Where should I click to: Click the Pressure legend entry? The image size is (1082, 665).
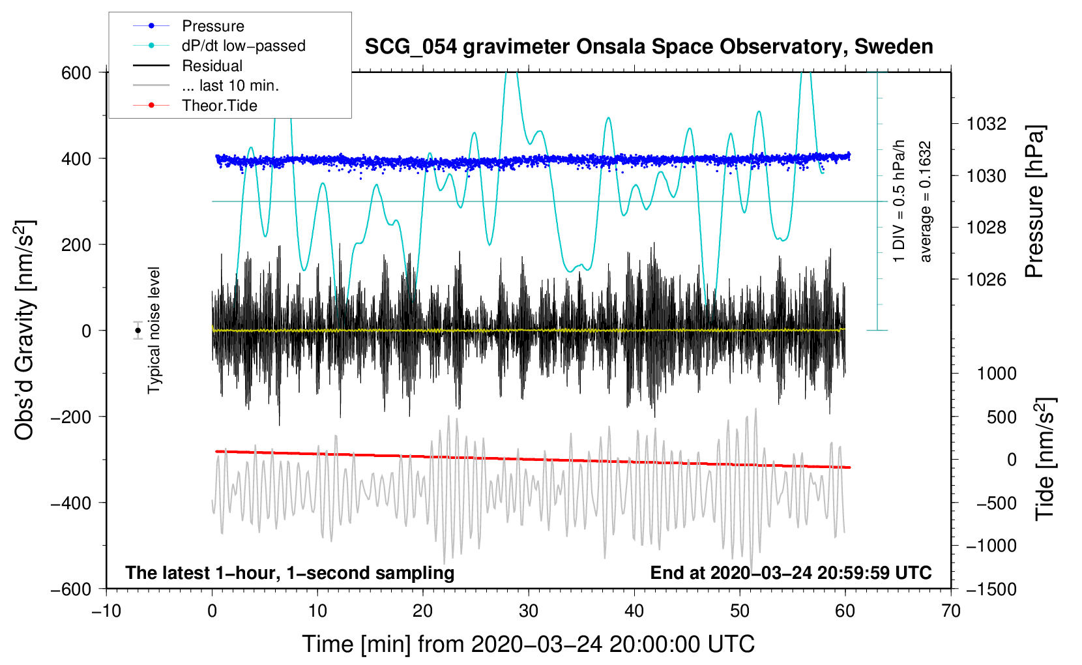(x=189, y=25)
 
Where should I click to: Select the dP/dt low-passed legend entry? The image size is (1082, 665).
(x=219, y=46)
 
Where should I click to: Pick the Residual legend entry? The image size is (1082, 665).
(x=188, y=66)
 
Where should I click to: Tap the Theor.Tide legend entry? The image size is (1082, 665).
(x=195, y=106)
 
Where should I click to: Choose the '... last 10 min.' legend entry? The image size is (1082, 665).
(x=206, y=85)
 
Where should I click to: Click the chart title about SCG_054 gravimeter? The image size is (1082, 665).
(x=649, y=47)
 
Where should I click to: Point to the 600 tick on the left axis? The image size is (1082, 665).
(x=76, y=73)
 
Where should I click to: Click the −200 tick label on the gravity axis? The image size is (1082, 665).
(x=71, y=417)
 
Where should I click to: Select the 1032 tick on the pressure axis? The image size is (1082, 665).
(x=986, y=125)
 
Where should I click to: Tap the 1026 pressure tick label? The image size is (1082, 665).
(x=986, y=279)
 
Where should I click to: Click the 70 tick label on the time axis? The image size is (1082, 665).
(x=950, y=611)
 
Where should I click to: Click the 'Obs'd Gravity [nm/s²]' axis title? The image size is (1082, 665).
(x=24, y=330)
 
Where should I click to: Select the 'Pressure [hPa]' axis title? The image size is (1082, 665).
(x=1034, y=201)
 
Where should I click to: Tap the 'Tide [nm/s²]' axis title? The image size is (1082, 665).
(x=1045, y=459)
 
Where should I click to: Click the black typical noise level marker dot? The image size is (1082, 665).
(x=138, y=331)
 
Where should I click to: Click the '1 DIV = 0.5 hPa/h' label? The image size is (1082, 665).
(x=898, y=201)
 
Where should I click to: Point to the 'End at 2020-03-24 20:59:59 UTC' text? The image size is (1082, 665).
(x=791, y=572)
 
